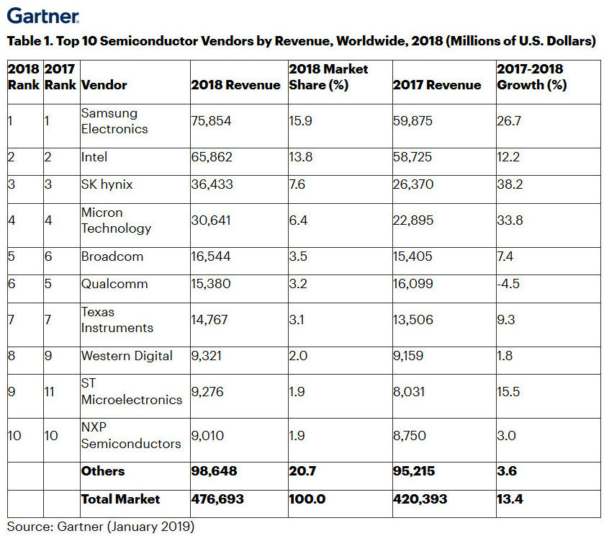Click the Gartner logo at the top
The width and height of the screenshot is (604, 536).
coord(42,14)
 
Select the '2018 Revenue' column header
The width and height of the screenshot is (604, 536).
coord(235,85)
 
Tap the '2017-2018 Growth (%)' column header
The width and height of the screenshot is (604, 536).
coord(531,77)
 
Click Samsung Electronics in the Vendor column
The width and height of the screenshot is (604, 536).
coord(114,121)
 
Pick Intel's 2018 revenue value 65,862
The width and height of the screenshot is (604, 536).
coord(211,156)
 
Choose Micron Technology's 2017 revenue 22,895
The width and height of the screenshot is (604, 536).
coord(413,220)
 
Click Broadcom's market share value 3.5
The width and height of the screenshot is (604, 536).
coord(297,256)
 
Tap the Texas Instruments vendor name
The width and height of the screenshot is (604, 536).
coord(117,320)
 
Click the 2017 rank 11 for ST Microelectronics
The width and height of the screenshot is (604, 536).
coord(51,391)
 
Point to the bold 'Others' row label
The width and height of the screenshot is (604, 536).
coord(103,471)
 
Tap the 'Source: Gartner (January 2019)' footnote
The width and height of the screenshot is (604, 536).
coord(101,526)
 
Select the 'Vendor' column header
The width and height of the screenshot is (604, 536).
coord(104,85)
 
